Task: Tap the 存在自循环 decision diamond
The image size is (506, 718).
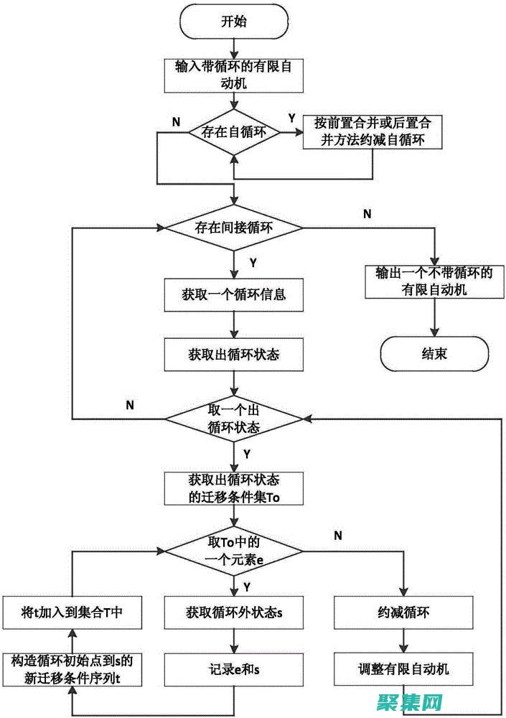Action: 233,131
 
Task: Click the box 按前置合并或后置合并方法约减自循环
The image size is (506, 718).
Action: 372,131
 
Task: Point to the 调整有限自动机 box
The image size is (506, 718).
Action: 404,669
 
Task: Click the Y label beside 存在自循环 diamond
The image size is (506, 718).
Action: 291,117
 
